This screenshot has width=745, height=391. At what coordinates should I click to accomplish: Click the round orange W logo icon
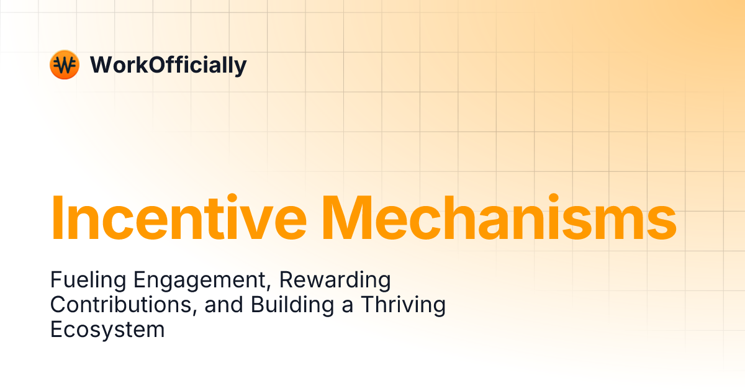64,65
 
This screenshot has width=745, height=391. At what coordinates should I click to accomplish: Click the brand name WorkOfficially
168,65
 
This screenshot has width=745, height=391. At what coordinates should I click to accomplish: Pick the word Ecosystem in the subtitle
107,330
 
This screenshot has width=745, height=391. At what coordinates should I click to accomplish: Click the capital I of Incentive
56,218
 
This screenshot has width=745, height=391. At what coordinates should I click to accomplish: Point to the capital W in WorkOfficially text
101,65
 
